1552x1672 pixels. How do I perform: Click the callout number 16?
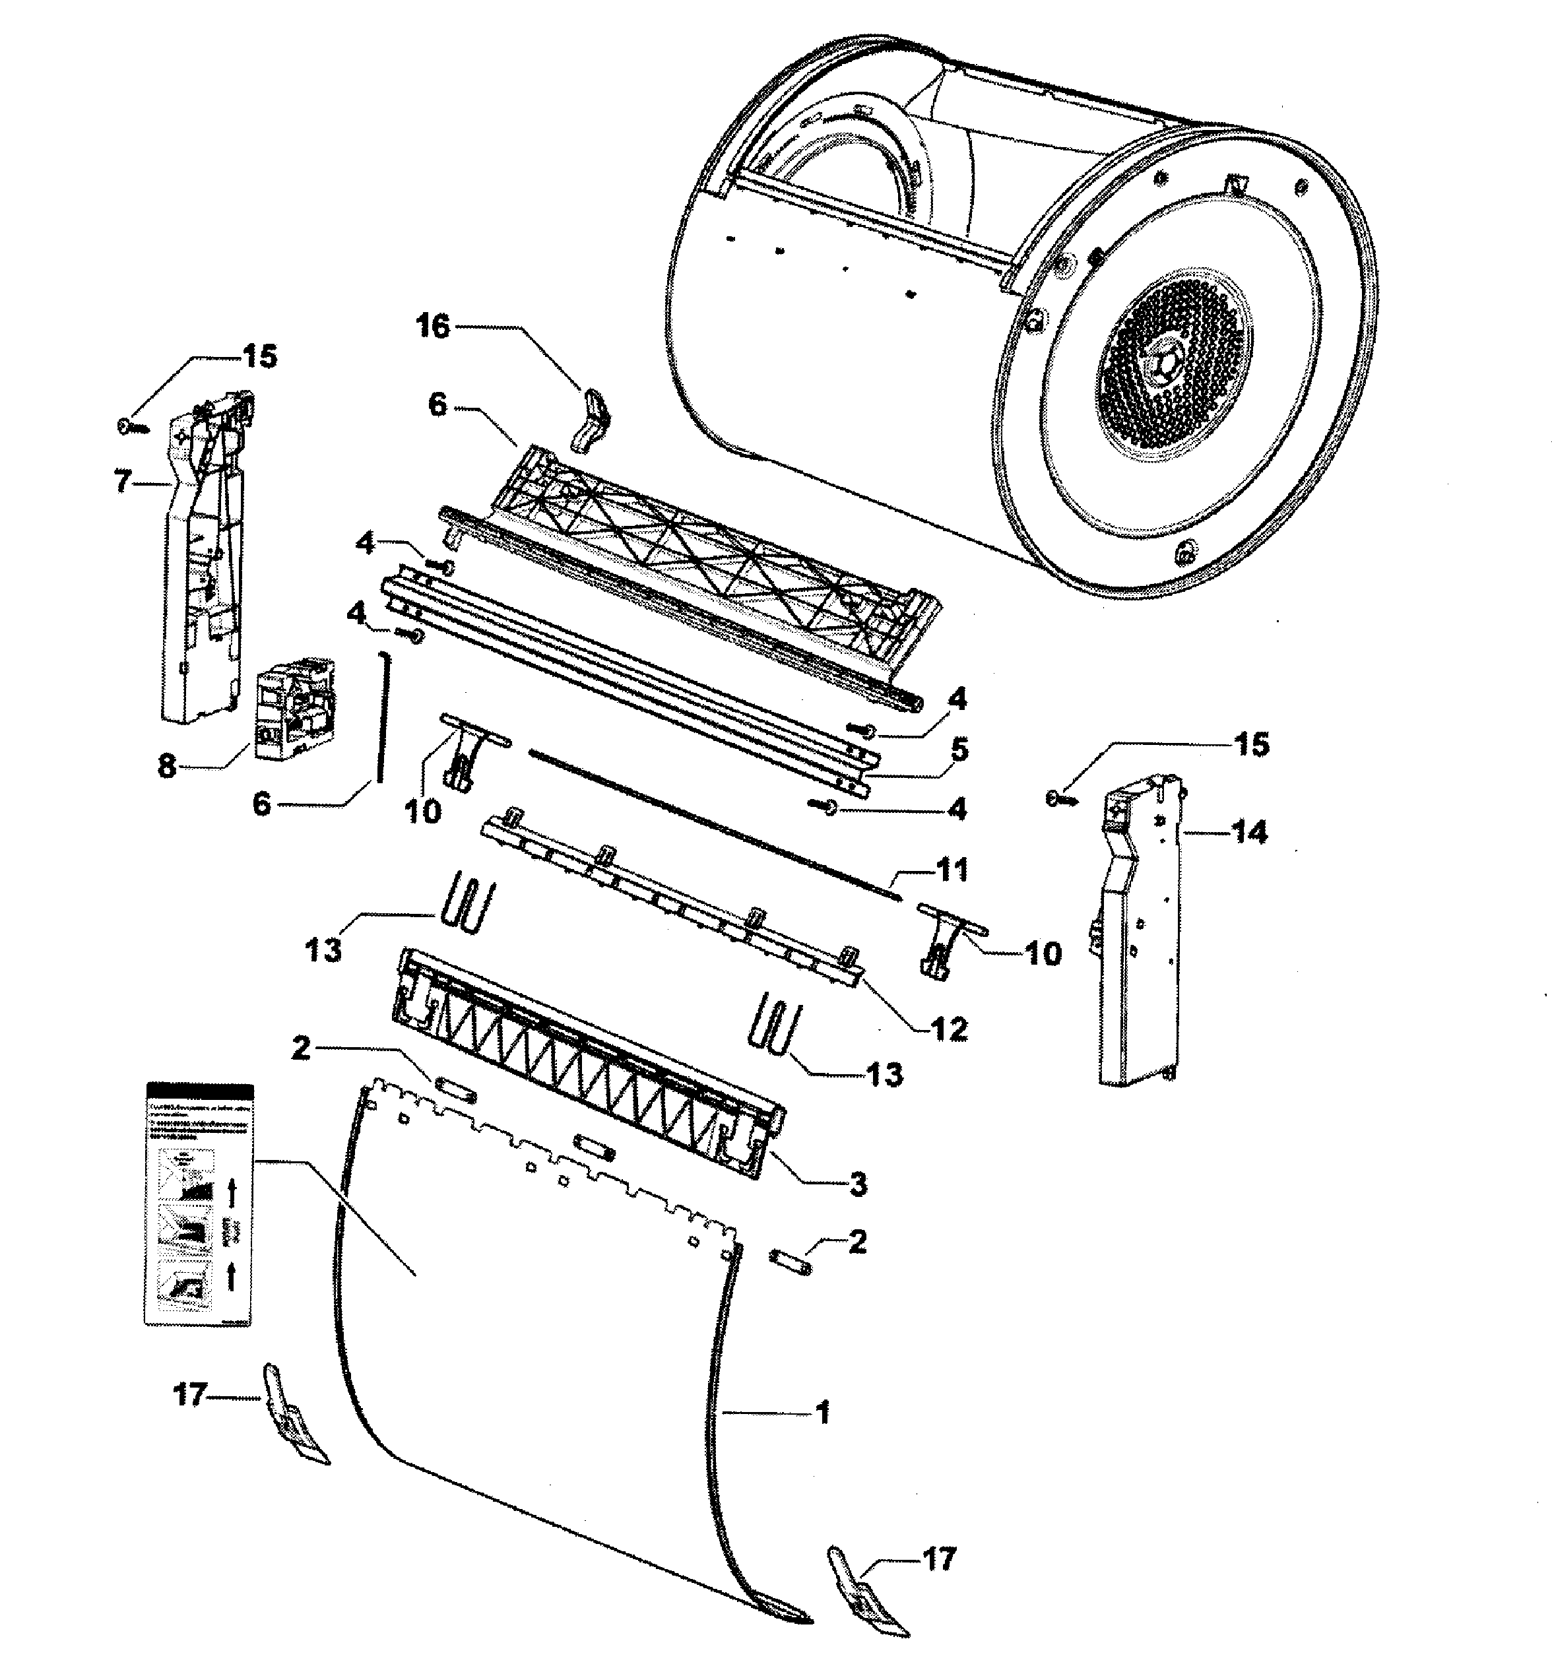[x=434, y=326]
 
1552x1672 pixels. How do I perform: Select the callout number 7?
[x=123, y=482]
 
